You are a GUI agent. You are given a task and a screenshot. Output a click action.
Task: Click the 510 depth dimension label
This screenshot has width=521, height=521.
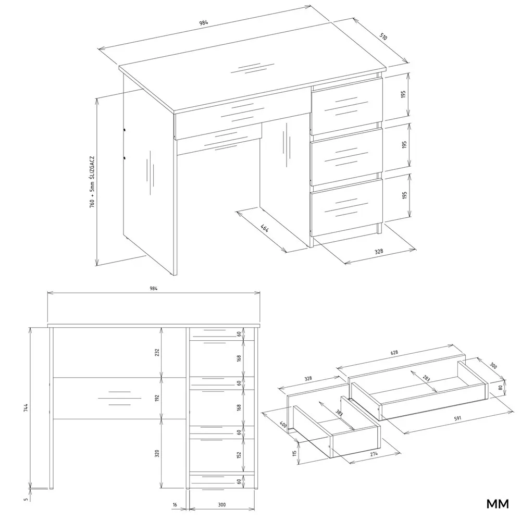(x=383, y=36)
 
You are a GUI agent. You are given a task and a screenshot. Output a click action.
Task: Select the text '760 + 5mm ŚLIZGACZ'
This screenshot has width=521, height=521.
(x=92, y=182)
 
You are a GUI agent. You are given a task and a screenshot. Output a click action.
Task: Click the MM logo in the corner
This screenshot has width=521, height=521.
(x=498, y=504)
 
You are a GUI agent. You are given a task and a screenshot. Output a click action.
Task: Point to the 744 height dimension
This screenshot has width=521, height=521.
(x=26, y=407)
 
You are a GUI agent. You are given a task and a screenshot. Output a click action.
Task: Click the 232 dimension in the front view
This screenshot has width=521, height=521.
(x=157, y=352)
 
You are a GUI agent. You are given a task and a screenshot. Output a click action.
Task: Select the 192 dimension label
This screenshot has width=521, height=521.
(x=157, y=399)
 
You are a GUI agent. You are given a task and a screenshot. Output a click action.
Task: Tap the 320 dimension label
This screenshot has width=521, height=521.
(x=157, y=453)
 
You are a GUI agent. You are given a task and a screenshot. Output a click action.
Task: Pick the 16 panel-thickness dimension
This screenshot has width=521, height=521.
(x=175, y=505)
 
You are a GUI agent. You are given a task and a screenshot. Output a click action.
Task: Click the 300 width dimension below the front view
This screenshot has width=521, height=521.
(x=222, y=505)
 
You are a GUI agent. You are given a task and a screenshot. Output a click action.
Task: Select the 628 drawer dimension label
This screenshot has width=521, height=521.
(x=394, y=353)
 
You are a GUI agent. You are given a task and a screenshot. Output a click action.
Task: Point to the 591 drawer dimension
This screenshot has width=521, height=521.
(x=458, y=418)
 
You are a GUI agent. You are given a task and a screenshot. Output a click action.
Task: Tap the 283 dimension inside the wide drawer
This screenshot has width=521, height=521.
(x=426, y=378)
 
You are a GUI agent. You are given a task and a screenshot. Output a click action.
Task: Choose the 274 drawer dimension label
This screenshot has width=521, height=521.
(x=374, y=454)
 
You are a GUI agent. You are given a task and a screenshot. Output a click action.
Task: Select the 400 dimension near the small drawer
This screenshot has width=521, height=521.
(x=283, y=424)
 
